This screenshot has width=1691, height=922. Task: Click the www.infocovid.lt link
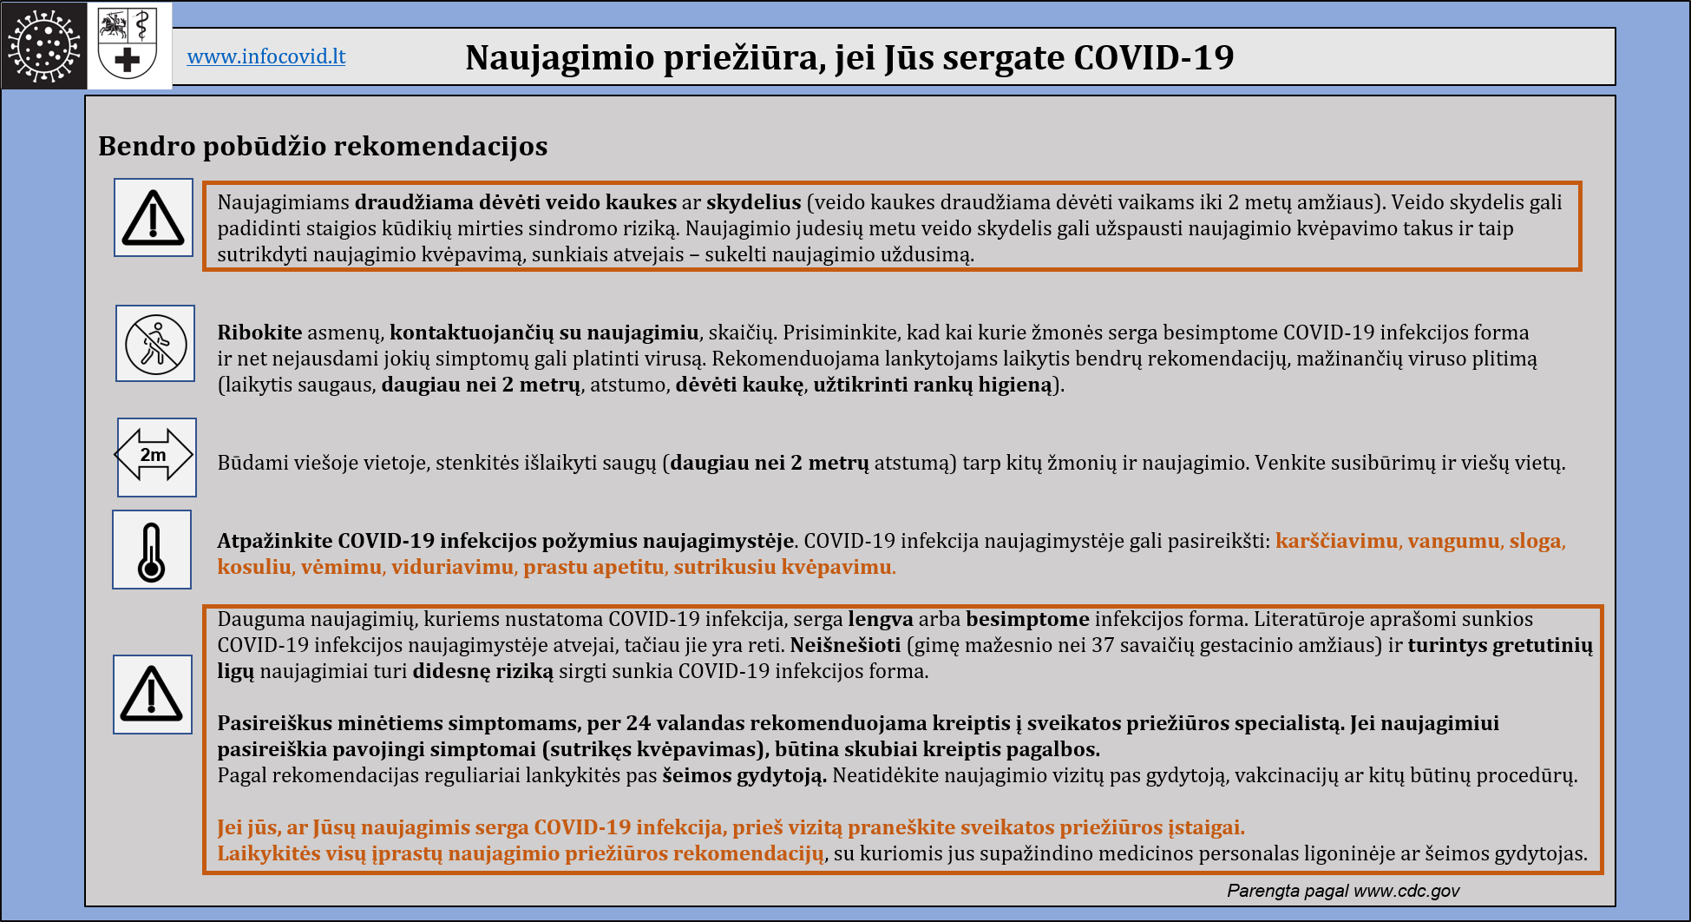coord(265,56)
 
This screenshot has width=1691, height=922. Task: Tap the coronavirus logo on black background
coord(43,45)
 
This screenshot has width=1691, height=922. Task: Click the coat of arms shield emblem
coord(128,45)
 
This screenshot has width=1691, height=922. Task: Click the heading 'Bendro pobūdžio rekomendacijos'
coord(323,146)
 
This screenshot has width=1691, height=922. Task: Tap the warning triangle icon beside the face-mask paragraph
coord(154,218)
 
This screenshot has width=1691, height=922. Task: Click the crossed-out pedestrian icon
coord(155,344)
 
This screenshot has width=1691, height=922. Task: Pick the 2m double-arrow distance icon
coord(156,457)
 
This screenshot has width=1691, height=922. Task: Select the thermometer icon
coord(152,550)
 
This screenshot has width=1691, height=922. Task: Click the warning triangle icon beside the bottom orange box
coord(153,695)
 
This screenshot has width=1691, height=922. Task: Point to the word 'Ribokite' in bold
coord(259,333)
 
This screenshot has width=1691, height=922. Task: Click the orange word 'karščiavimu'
coord(1336,541)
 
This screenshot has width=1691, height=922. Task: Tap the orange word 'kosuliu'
coord(254,567)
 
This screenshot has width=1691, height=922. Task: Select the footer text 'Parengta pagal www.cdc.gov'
coord(1342,891)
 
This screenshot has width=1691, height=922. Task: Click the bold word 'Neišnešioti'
coord(845,645)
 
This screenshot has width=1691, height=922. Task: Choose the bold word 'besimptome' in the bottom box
coord(1027,619)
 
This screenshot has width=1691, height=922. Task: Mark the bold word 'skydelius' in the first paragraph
coord(753,202)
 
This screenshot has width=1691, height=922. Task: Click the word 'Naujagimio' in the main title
coord(560,57)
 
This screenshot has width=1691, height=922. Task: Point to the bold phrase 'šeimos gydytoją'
coord(743,775)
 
